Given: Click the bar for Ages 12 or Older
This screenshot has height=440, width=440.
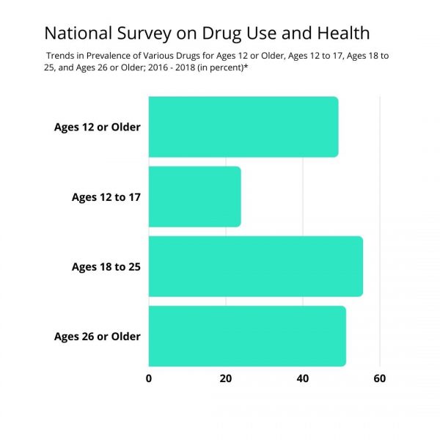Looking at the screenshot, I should tap(243, 127).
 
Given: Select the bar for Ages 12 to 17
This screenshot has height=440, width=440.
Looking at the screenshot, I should tap(194, 197).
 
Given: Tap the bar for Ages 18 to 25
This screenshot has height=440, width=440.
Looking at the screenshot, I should tap(255, 266).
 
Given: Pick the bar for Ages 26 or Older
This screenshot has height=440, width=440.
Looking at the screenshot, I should tap(246, 337).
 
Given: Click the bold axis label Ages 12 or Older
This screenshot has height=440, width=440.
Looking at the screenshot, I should tap(97, 127).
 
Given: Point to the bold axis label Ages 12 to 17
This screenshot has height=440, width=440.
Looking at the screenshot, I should tap(106, 197).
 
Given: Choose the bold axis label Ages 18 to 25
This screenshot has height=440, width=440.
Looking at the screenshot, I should tap(106, 266).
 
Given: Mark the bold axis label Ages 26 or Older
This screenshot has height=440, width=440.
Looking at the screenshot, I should tap(97, 337).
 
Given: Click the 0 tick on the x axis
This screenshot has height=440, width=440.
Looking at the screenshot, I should tap(149, 379).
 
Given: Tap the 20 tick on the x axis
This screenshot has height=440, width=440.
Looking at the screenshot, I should tap(226, 379).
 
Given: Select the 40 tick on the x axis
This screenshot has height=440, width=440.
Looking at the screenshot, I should tap(302, 379).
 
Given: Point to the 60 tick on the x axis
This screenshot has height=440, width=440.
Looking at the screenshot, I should tap(379, 379).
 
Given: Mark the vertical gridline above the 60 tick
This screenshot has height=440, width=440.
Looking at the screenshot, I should tap(380, 220).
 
